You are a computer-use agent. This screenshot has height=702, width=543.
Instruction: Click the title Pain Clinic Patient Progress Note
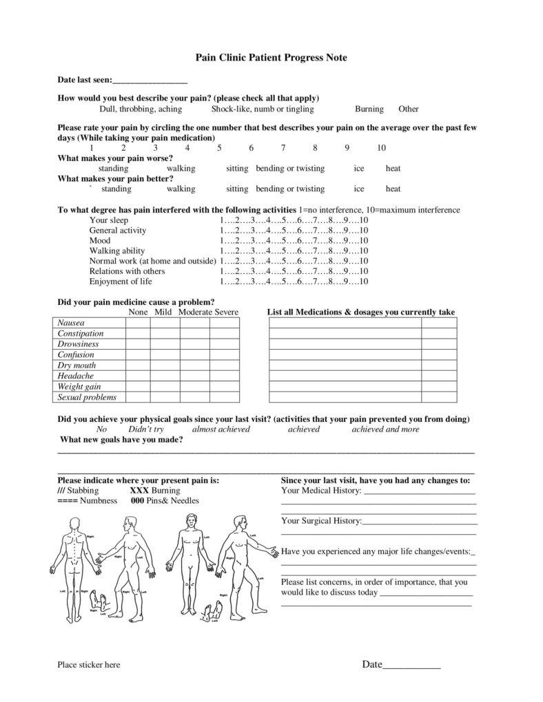[x=271, y=58]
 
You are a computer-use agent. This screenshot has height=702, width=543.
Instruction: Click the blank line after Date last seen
[x=150, y=81]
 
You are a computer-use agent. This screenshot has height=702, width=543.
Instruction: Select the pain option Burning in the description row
[x=369, y=109]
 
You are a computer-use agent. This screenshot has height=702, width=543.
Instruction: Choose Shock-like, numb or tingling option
[x=262, y=109]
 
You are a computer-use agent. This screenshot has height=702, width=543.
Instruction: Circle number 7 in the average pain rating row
[x=283, y=148]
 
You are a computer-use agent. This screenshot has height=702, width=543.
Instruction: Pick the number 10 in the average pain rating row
[x=381, y=148]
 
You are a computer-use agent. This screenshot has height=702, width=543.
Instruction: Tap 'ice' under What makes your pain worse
[x=359, y=169]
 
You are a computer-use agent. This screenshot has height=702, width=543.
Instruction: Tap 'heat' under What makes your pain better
[x=393, y=189]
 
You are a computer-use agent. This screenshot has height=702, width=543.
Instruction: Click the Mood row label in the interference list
[x=100, y=241]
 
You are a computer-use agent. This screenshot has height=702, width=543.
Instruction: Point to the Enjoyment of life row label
[x=121, y=281]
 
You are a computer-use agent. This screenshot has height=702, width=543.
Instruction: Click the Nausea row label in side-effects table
[x=71, y=323]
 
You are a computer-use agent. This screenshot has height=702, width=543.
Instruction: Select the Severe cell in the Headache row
[x=225, y=376]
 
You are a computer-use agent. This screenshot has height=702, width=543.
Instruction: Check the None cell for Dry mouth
[x=138, y=365]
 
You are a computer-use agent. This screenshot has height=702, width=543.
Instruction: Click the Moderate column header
[x=195, y=312]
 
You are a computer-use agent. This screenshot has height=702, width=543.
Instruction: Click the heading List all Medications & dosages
[x=361, y=312]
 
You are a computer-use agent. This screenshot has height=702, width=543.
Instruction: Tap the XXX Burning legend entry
[x=155, y=491]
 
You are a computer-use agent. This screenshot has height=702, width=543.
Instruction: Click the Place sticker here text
[x=88, y=665]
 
